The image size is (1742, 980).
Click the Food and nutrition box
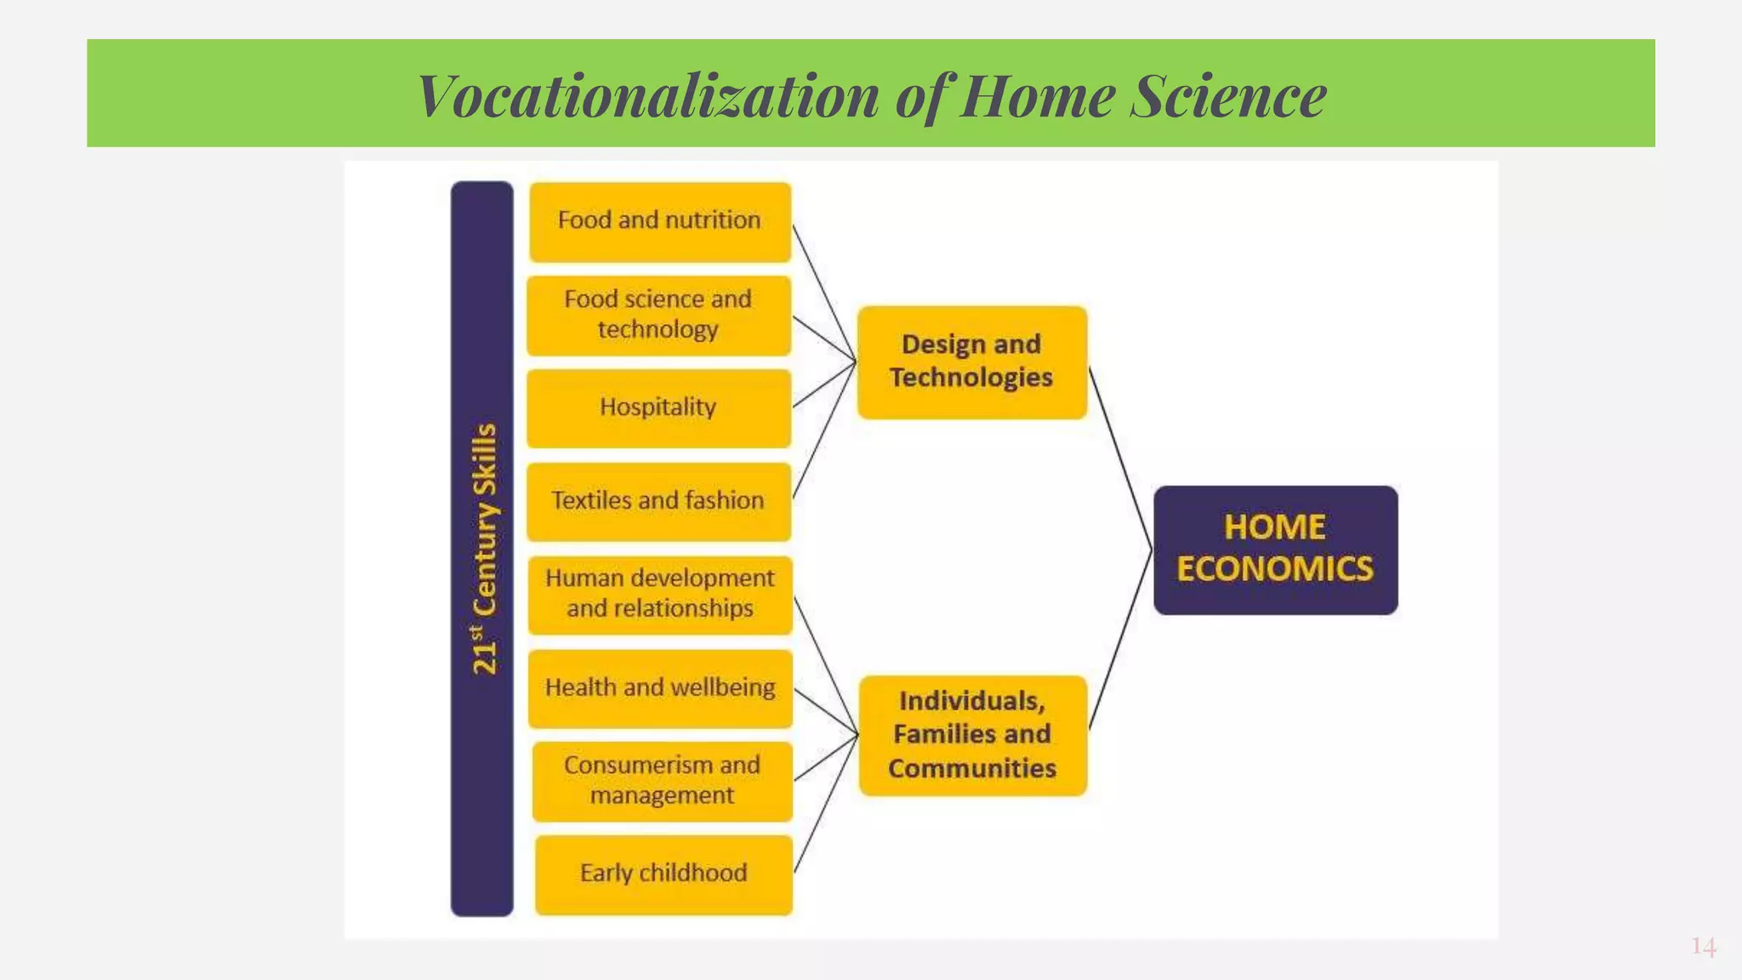(660, 221)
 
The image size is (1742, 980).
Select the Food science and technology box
(658, 315)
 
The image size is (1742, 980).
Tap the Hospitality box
(658, 407)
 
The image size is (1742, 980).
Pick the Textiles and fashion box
(658, 501)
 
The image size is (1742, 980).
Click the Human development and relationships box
(660, 594)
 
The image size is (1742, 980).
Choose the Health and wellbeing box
(660, 687)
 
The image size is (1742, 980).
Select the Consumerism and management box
(662, 780)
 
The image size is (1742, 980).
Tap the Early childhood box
(663, 874)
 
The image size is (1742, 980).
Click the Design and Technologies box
(971, 362)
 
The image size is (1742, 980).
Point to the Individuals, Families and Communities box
(972, 735)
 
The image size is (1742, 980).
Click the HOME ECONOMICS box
(1275, 550)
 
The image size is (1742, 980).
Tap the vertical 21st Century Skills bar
(482, 548)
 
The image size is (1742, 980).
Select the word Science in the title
(1228, 95)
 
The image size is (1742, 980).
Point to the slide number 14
(1703, 947)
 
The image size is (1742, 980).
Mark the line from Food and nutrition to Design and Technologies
(823, 292)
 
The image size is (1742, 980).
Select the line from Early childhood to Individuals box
(826, 804)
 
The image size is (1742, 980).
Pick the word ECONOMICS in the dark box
(1275, 569)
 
